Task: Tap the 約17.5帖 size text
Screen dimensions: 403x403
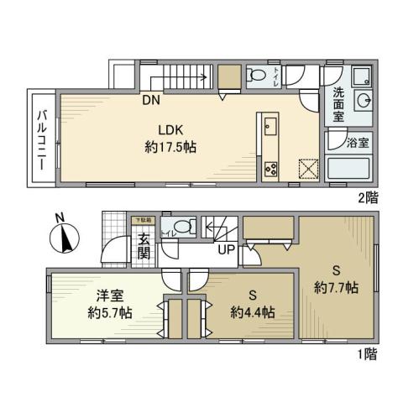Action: pyautogui.click(x=170, y=145)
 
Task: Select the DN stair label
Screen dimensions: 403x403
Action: pyautogui.click(x=150, y=102)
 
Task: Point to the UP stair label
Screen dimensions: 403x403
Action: pyautogui.click(x=226, y=249)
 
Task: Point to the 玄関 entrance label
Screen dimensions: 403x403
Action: pyautogui.click(x=144, y=243)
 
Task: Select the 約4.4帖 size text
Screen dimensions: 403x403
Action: pyautogui.click(x=252, y=312)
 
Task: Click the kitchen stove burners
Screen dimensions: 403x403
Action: pyautogui.click(x=273, y=167)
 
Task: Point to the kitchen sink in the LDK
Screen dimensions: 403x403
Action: pyautogui.click(x=271, y=128)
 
